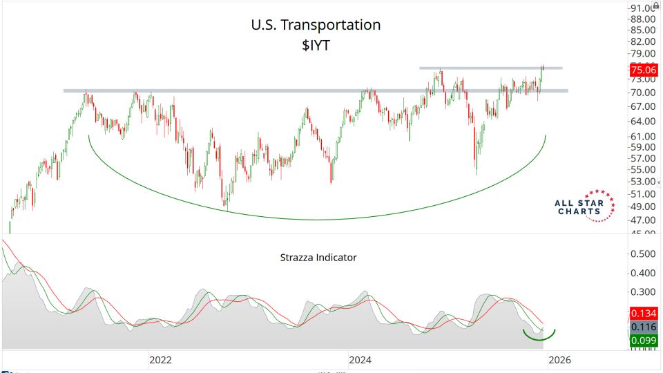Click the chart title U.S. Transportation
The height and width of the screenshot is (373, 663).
(316, 25)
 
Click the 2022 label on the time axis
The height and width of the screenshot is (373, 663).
(160, 360)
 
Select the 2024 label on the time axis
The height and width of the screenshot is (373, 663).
(361, 360)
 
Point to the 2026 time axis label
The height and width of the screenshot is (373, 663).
(559, 360)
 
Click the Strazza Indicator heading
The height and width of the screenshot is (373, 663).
(318, 258)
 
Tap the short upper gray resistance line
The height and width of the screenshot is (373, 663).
(490, 68)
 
